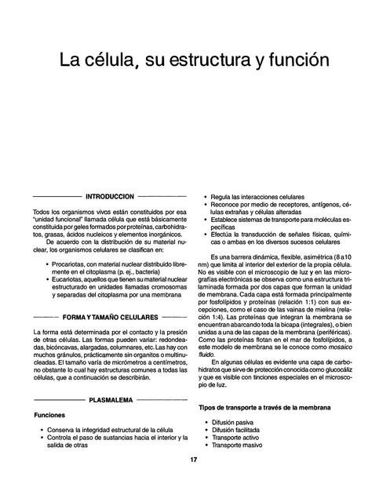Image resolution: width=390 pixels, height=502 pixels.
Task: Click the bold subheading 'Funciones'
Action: pos(49,414)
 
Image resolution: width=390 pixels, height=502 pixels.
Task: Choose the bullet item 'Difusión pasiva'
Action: pos(236,422)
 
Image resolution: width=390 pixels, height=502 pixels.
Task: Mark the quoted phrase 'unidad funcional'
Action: pos(60,220)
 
